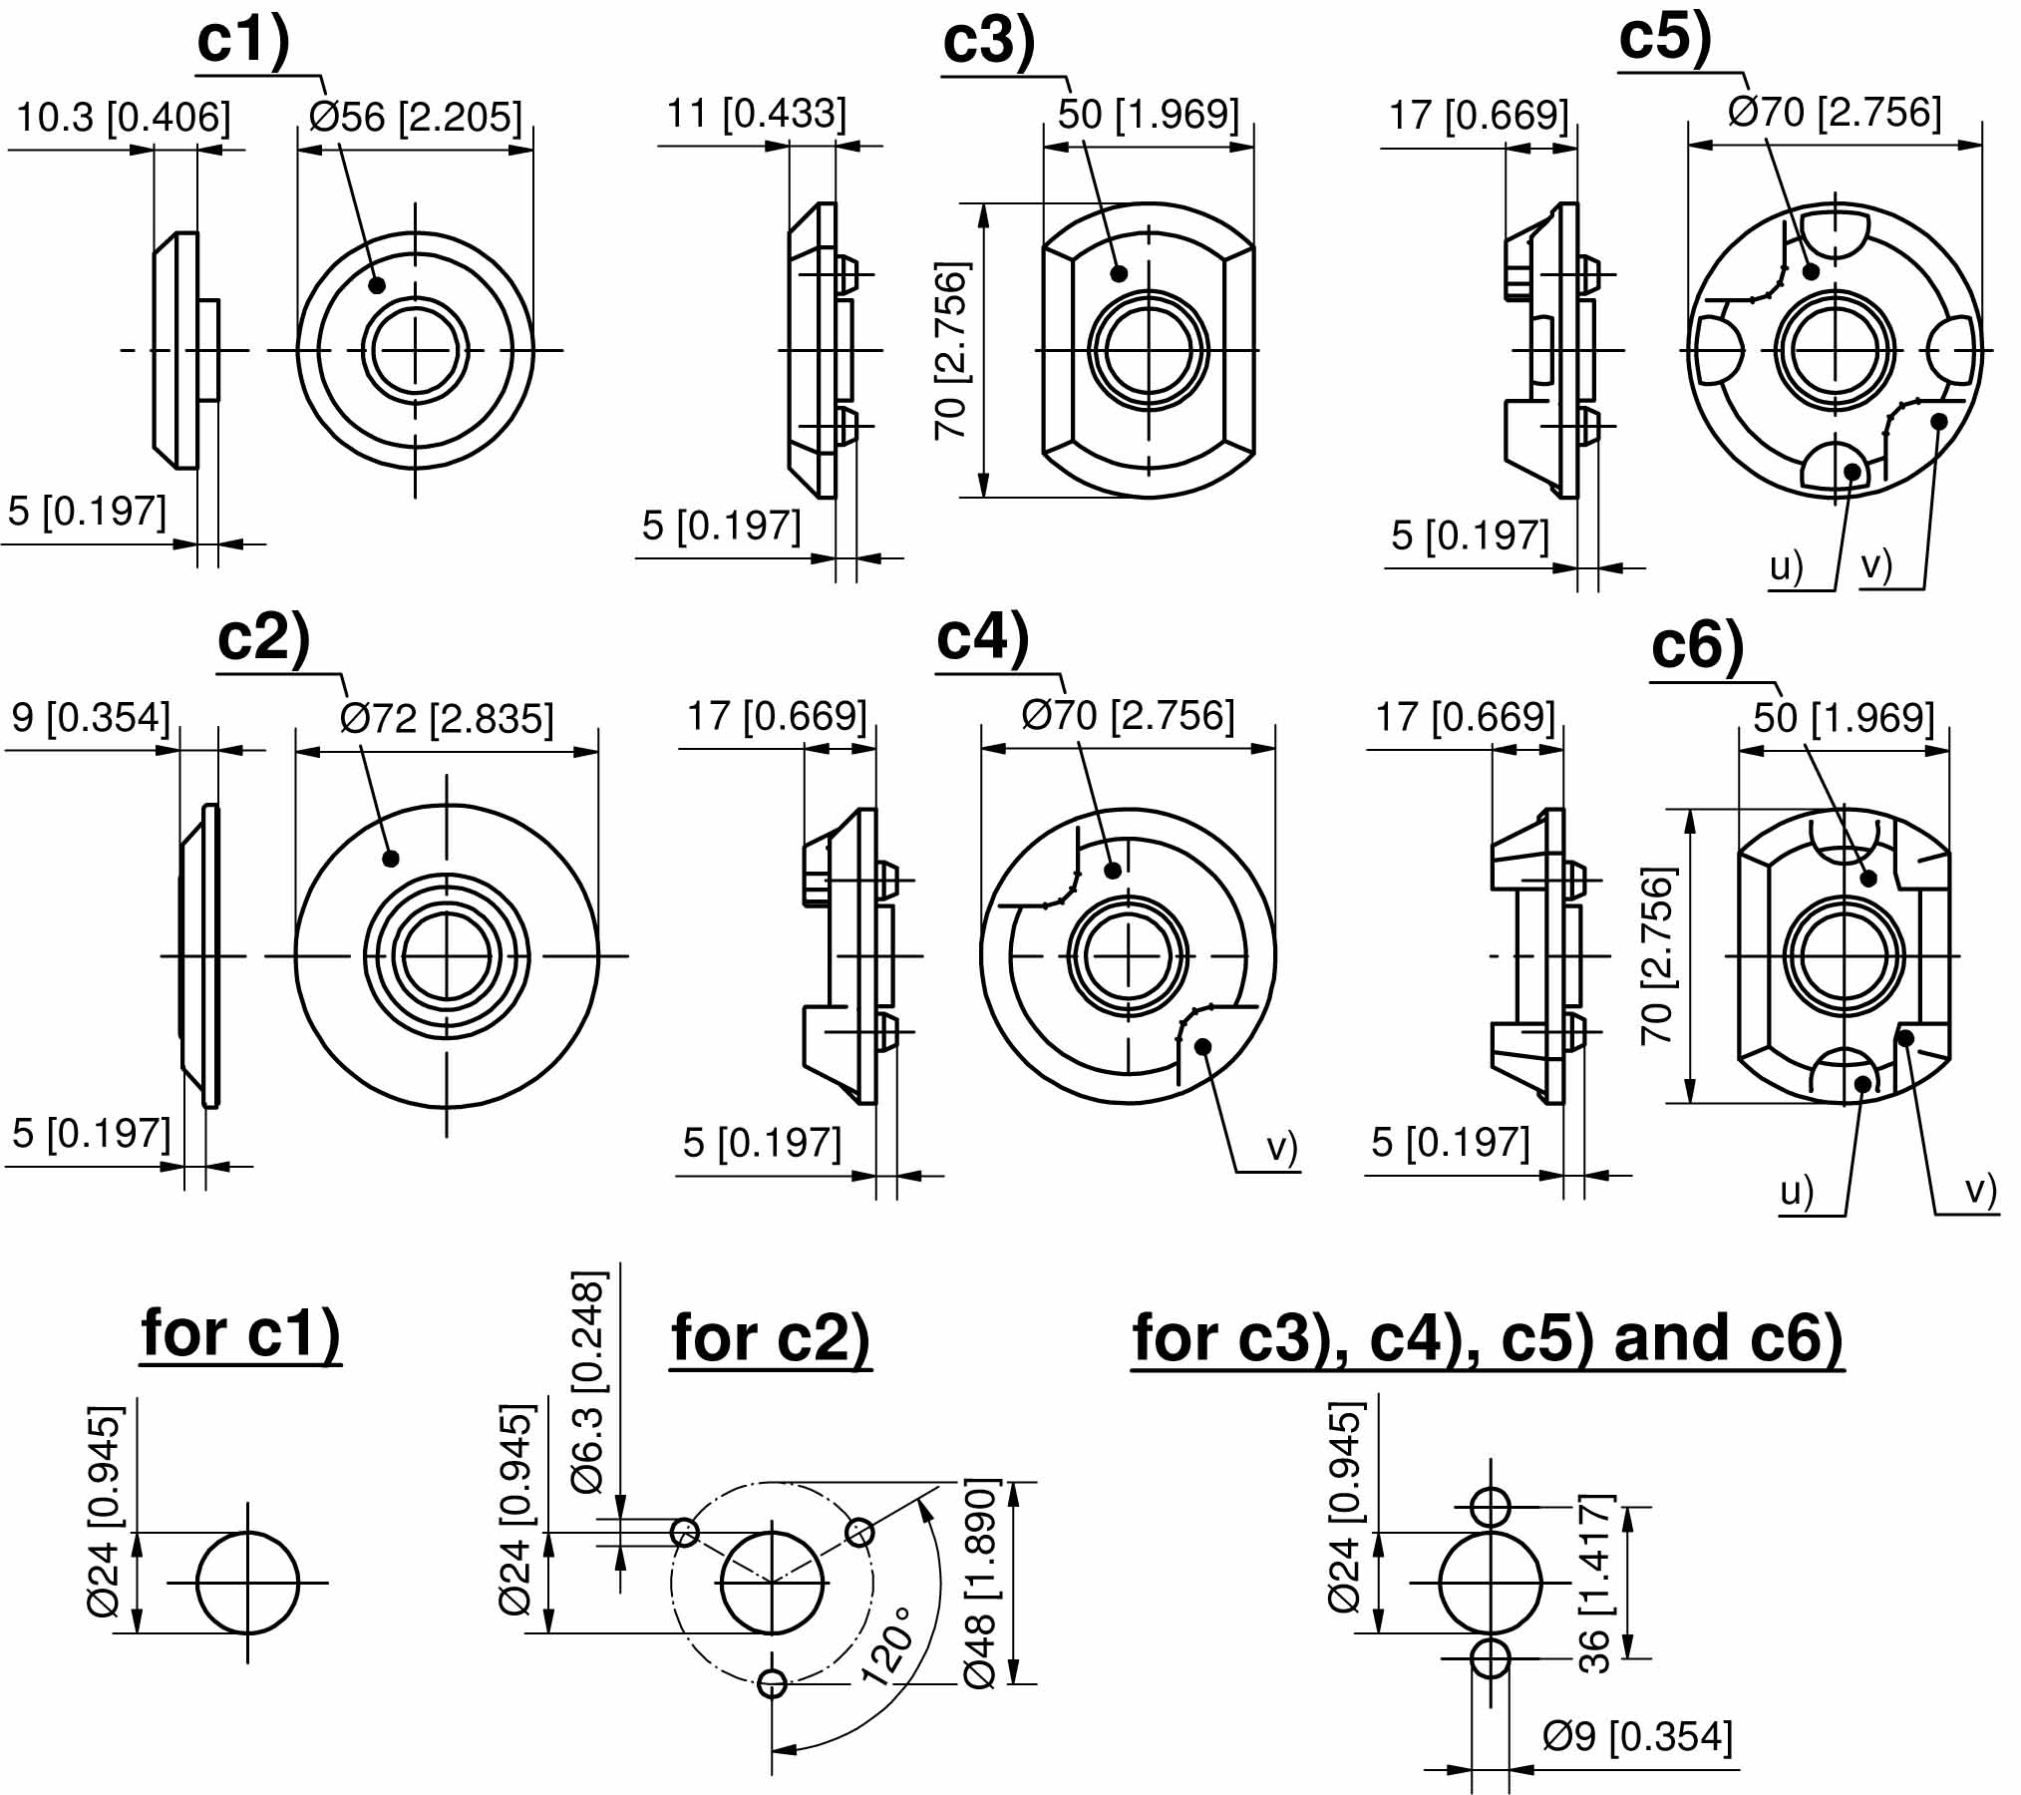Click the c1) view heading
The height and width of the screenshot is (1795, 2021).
click(x=243, y=42)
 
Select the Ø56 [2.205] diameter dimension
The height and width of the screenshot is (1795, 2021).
click(x=416, y=117)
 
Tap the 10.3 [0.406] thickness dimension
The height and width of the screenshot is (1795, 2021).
click(x=123, y=117)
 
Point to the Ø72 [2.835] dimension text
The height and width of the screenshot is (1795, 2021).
click(x=446, y=718)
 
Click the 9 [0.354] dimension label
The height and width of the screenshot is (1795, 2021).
click(x=91, y=717)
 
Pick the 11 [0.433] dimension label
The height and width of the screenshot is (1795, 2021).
click(x=756, y=113)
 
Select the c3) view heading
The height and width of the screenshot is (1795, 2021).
click(x=989, y=42)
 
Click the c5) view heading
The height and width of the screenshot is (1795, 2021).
click(x=1665, y=38)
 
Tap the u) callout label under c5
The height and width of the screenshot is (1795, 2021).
click(x=1787, y=566)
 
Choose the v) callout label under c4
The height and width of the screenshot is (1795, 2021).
click(x=1282, y=1148)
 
